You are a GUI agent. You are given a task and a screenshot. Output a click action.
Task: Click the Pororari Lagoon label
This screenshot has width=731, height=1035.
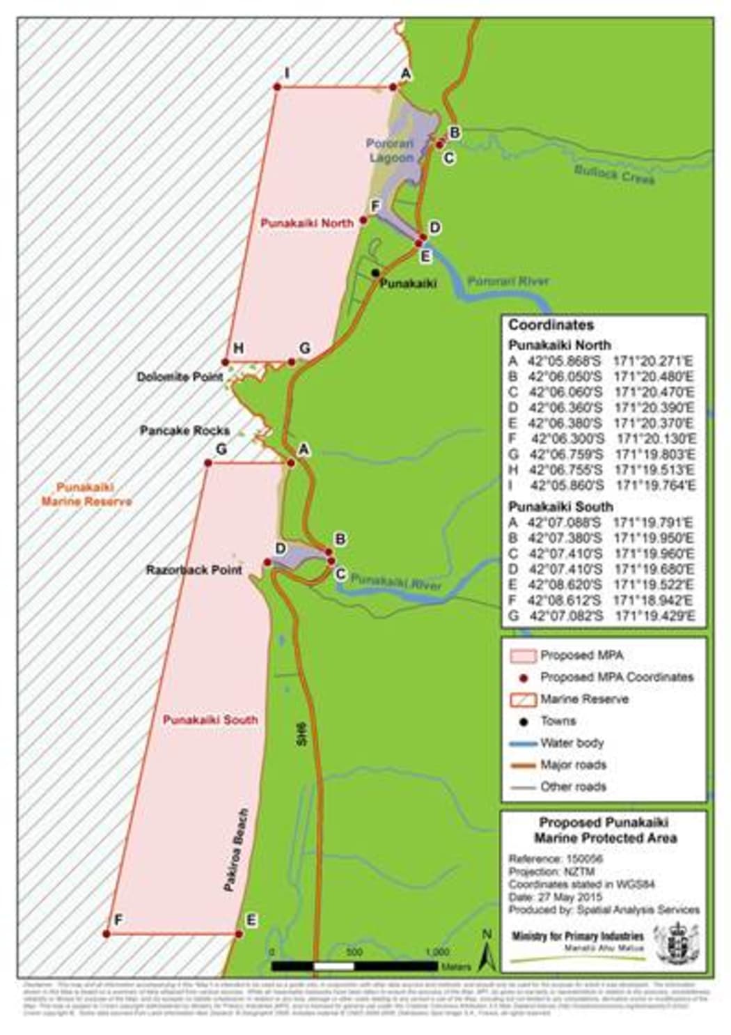tap(390, 150)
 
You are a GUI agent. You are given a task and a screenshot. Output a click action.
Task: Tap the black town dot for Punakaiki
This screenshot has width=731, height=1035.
tap(375, 272)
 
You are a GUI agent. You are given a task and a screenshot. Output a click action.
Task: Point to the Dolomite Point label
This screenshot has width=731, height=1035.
tap(180, 377)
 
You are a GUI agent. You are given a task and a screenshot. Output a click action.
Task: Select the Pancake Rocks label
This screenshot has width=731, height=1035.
tap(184, 430)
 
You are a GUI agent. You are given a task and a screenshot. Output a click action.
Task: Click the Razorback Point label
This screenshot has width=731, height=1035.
tap(194, 570)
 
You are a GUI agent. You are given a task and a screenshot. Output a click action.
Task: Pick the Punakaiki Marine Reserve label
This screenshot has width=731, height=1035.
tap(86, 495)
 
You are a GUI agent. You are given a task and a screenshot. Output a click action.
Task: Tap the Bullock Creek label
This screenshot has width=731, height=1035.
tap(614, 174)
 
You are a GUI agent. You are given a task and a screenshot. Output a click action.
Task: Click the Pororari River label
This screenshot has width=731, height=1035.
tap(508, 281)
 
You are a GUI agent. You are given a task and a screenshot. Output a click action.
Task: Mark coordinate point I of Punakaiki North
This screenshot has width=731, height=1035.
tap(276, 87)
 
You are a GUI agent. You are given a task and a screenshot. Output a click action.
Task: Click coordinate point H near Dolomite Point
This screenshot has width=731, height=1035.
tap(225, 362)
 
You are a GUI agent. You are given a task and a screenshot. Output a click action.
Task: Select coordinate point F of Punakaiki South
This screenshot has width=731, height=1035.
tap(107, 933)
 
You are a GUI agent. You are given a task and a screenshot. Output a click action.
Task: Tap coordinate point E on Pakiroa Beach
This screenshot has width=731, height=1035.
tap(239, 933)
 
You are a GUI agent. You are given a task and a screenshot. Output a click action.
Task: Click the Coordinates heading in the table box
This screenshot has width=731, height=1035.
tap(551, 325)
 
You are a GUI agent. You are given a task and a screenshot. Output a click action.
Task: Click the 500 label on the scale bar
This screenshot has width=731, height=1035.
tap(354, 952)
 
